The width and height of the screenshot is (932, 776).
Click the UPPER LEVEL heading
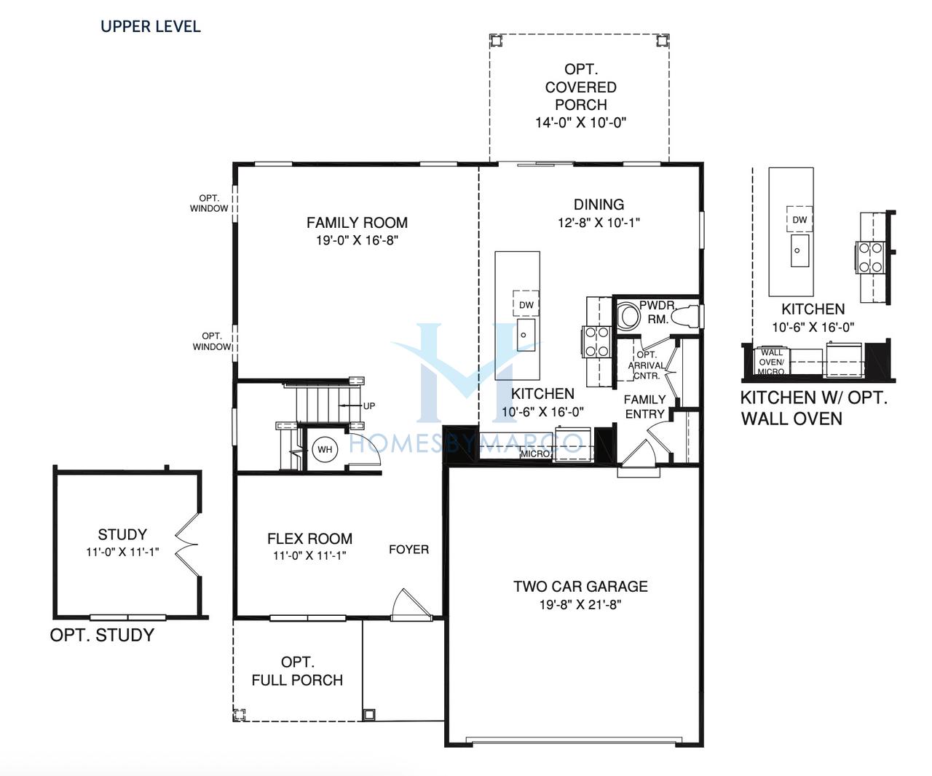pos(151,26)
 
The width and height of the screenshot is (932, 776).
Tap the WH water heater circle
pos(325,449)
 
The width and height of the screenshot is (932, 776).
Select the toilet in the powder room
pos(684,317)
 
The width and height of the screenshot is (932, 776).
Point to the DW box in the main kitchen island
pos(526,305)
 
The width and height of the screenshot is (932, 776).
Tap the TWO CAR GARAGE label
pos(580,586)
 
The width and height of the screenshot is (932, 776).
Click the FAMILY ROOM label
pos(357,222)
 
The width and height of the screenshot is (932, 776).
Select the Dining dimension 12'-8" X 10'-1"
pos(599,222)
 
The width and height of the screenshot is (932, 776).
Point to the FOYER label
pos(409,550)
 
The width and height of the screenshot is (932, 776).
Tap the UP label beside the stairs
pos(369,405)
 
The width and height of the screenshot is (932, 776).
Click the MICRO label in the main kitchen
pos(535,454)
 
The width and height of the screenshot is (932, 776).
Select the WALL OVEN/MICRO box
pos(771,362)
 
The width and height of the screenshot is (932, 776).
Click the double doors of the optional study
pos(186,545)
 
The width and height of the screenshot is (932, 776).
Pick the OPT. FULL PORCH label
pos(297,670)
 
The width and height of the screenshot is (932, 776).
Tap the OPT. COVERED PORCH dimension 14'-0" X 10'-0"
pos(581,122)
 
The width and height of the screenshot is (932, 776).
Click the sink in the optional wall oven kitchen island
pos(800,251)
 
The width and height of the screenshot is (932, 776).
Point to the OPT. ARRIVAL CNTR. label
pos(647,365)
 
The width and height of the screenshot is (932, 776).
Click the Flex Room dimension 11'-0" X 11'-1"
pos(309,555)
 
